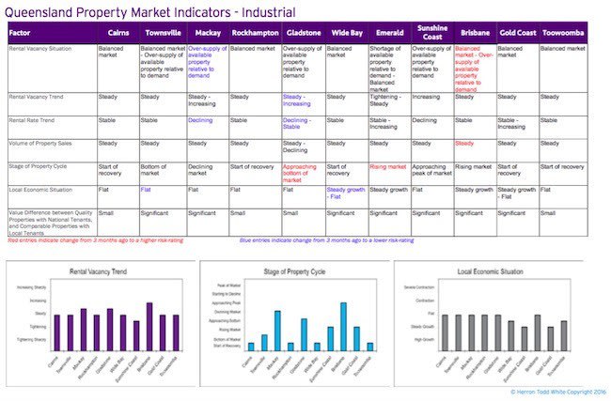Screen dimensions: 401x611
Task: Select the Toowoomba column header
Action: click(x=561, y=32)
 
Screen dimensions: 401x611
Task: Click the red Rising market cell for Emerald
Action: click(x=388, y=166)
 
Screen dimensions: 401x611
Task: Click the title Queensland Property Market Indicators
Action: click(x=150, y=11)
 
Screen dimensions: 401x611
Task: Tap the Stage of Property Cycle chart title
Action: click(x=305, y=271)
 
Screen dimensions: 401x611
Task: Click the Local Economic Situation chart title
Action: click(x=499, y=271)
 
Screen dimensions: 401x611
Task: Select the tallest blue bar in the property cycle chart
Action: click(x=344, y=325)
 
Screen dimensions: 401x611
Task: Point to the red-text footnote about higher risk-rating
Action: click(x=95, y=241)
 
